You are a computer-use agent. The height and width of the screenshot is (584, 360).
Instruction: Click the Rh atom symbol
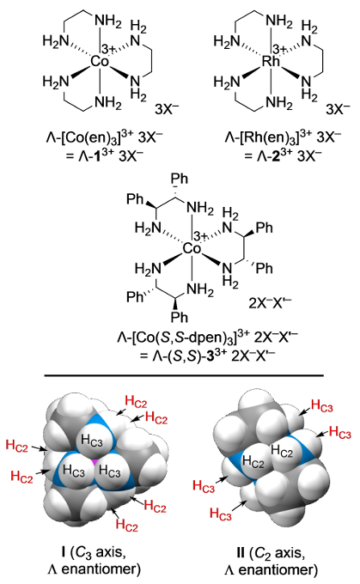pyautogui.click(x=271, y=62)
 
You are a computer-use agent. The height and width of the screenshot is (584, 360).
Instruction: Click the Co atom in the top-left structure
pyautogui.click(x=100, y=62)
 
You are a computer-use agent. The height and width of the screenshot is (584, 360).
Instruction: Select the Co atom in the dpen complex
pyautogui.click(x=192, y=249)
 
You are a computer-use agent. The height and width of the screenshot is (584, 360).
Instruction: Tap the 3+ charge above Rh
pyautogui.click(x=280, y=49)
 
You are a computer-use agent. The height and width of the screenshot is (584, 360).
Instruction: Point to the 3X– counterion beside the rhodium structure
pyautogui.click(x=338, y=109)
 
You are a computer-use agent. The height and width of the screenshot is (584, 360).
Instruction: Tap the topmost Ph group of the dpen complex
pyautogui.click(x=180, y=179)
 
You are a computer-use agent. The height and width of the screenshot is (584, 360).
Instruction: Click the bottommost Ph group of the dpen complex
pyautogui.click(x=180, y=317)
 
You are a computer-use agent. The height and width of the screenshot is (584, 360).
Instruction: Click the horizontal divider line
pyautogui.click(x=184, y=375)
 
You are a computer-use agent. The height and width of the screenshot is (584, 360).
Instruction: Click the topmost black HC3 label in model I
pyautogui.click(x=92, y=441)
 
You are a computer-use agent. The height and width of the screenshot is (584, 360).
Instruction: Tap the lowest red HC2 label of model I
pyautogui.click(x=126, y=525)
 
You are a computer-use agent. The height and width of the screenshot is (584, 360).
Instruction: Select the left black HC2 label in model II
pyautogui.click(x=253, y=462)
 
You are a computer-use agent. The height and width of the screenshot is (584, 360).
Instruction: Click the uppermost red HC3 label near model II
pyautogui.click(x=321, y=405)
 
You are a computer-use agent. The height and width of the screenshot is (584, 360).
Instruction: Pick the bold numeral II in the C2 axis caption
pyautogui.click(x=241, y=552)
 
